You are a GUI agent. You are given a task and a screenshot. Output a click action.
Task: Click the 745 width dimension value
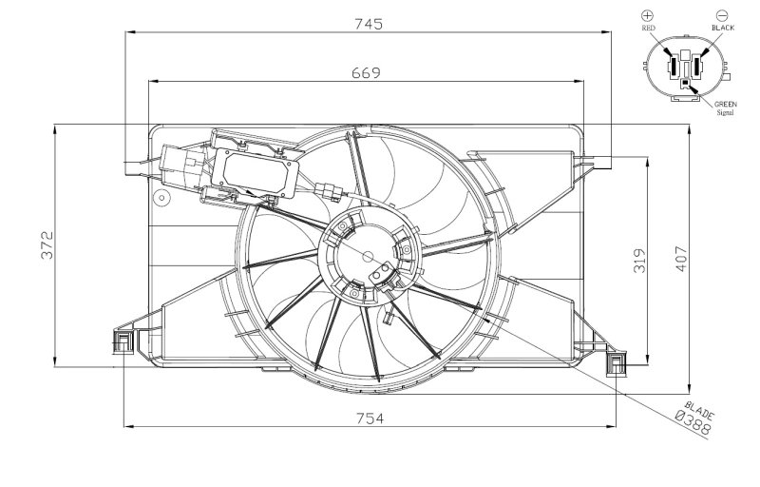pos(368,25)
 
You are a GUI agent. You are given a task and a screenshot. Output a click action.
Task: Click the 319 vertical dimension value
pos(639,260)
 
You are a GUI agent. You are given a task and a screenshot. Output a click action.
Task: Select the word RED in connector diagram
pos(649,29)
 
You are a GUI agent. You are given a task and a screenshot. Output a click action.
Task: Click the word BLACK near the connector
pos(722,29)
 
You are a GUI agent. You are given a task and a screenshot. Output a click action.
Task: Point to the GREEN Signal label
pos(726,107)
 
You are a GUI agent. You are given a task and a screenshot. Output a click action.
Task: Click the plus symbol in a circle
pos(648,15)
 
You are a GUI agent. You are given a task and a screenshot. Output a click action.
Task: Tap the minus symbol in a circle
pos(722,15)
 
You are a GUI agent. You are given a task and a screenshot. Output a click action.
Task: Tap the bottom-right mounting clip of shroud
pos(618,362)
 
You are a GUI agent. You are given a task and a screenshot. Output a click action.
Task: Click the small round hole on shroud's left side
pos(162,199)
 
